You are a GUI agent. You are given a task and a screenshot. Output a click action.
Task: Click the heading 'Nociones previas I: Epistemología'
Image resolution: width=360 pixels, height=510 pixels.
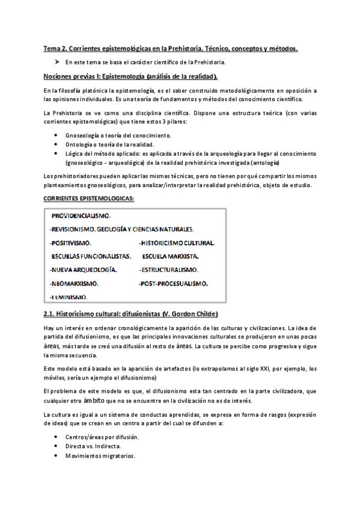click(x=130, y=76)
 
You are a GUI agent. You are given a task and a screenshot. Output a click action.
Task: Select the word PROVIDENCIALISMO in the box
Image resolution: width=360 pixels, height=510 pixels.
click(x=81, y=215)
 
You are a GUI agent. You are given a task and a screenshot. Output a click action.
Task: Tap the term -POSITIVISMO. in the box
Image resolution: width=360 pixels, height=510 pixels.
click(x=70, y=243)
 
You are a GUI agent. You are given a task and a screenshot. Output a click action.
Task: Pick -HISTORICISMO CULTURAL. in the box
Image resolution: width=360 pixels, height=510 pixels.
click(x=177, y=243)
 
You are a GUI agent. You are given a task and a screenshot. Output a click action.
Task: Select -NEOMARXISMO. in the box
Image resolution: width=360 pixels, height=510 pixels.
click(x=74, y=283)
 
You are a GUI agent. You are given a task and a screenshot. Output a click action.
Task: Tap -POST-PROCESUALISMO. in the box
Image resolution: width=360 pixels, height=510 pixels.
click(x=174, y=283)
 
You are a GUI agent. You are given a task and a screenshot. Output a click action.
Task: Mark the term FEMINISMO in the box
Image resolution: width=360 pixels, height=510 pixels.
click(x=69, y=296)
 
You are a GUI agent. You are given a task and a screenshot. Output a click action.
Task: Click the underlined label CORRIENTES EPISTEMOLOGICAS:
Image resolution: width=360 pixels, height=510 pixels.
click(x=89, y=198)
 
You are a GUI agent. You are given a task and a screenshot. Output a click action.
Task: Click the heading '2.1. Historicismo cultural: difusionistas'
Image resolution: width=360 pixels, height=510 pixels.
click(x=130, y=315)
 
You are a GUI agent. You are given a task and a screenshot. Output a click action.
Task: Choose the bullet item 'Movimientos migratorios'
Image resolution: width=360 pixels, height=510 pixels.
click(x=100, y=455)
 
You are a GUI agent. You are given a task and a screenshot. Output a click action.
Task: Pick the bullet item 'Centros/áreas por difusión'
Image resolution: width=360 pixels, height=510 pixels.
click(x=102, y=436)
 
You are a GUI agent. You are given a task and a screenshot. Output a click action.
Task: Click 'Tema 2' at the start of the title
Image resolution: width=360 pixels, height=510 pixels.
click(x=55, y=48)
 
